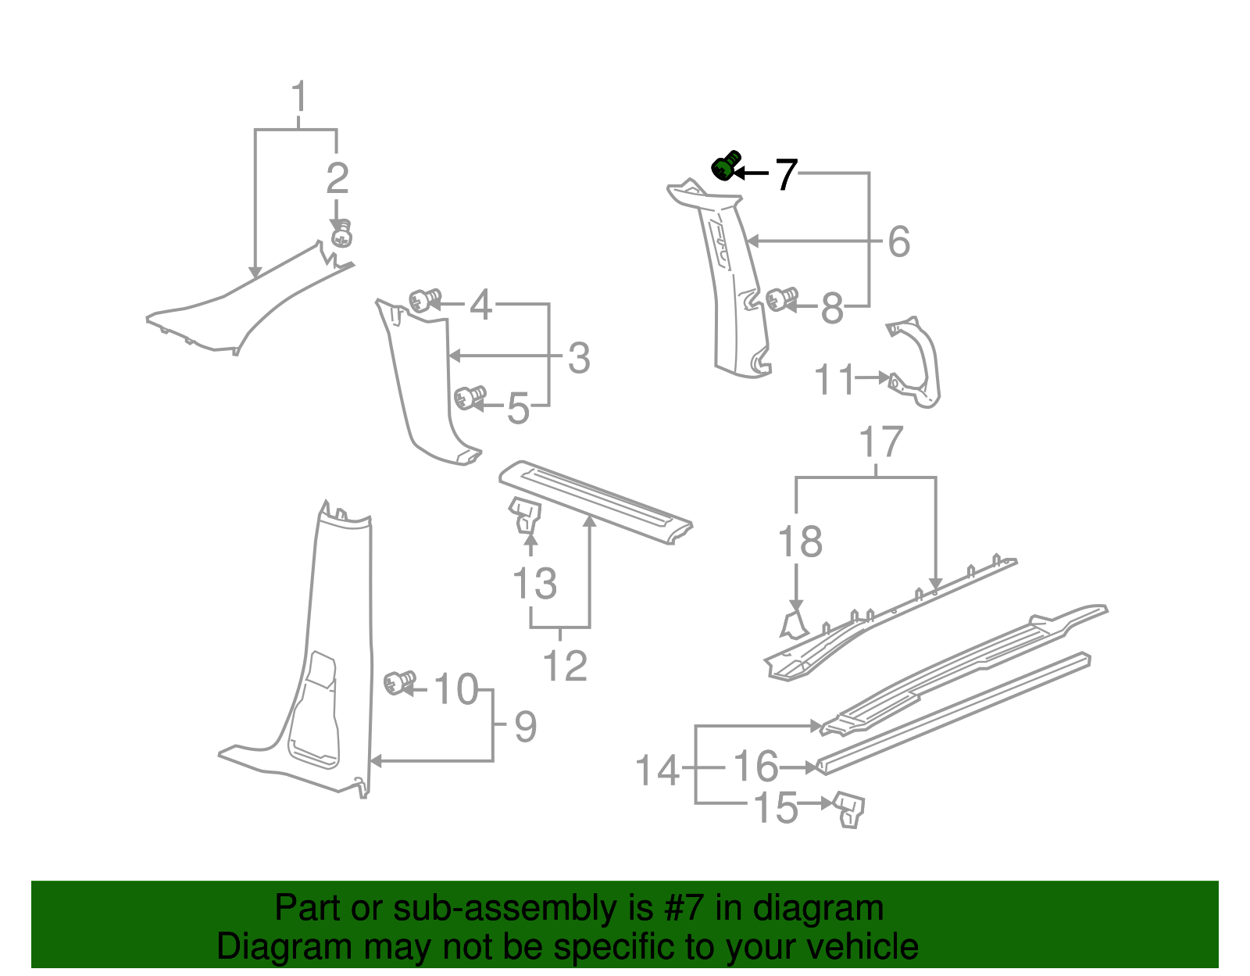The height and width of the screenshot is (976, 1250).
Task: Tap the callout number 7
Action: click(x=786, y=174)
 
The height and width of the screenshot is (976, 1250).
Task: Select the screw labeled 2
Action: click(x=341, y=235)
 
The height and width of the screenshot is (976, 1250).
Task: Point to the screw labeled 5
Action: click(x=470, y=397)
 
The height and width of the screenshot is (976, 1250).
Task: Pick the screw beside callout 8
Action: click(x=780, y=299)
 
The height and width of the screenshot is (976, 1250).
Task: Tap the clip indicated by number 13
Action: click(x=526, y=516)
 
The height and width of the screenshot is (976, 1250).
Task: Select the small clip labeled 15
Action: click(x=850, y=808)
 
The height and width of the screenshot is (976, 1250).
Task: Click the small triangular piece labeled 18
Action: click(x=794, y=625)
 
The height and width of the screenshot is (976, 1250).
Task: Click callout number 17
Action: click(x=881, y=443)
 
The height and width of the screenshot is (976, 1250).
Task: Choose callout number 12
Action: click(x=564, y=666)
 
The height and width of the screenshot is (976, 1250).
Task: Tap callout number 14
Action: click(x=657, y=770)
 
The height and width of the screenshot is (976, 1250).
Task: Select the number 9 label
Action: click(x=526, y=728)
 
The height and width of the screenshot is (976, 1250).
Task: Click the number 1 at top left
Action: click(x=298, y=98)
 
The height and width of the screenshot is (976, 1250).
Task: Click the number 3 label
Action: click(x=578, y=359)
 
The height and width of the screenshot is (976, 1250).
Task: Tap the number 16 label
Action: click(x=755, y=767)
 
